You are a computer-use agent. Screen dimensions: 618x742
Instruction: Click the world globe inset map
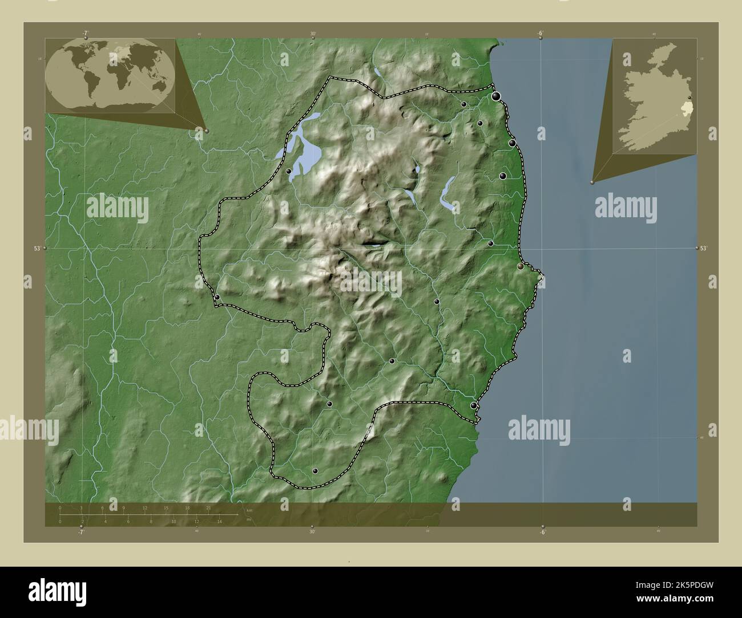point(110,76)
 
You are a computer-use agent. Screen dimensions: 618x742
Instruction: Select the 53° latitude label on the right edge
point(703,249)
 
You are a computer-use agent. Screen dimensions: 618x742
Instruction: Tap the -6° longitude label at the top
point(540,33)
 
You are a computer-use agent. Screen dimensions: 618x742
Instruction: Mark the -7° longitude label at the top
point(85,33)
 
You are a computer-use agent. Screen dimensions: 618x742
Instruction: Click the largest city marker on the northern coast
point(497,96)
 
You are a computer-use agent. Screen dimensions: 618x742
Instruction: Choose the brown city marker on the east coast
point(521,266)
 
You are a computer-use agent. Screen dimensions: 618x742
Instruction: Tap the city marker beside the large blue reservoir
point(289,171)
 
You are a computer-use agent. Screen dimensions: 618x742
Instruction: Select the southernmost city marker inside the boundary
point(316,471)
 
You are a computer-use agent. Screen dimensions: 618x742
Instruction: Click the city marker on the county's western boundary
point(217,297)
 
